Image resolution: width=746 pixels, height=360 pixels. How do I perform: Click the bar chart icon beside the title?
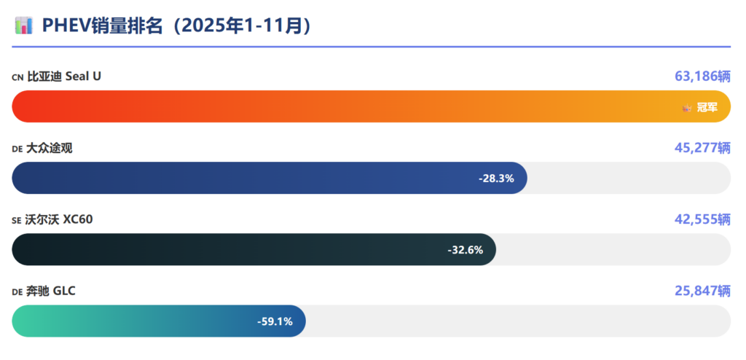(x=23, y=26)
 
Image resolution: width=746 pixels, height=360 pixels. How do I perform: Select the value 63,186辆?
(x=702, y=77)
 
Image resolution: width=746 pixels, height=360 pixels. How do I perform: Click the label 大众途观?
(x=50, y=148)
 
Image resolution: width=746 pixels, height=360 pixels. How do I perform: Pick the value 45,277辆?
(x=702, y=148)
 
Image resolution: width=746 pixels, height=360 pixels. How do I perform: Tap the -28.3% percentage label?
(x=496, y=179)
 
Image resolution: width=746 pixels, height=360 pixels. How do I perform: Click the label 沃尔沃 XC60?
(x=60, y=219)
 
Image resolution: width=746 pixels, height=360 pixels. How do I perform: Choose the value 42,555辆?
(x=702, y=219)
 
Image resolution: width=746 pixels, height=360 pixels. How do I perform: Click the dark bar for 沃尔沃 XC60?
(x=219, y=250)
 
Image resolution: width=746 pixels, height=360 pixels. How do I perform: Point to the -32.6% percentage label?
(x=465, y=250)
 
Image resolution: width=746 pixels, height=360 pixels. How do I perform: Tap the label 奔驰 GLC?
(x=52, y=291)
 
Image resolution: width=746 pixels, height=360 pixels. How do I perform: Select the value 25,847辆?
(x=702, y=291)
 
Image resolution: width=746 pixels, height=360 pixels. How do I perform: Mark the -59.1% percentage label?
(x=275, y=321)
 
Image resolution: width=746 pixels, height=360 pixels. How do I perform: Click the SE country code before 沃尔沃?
(x=17, y=220)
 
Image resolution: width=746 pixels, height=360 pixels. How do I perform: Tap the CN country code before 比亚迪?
(x=17, y=77)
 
